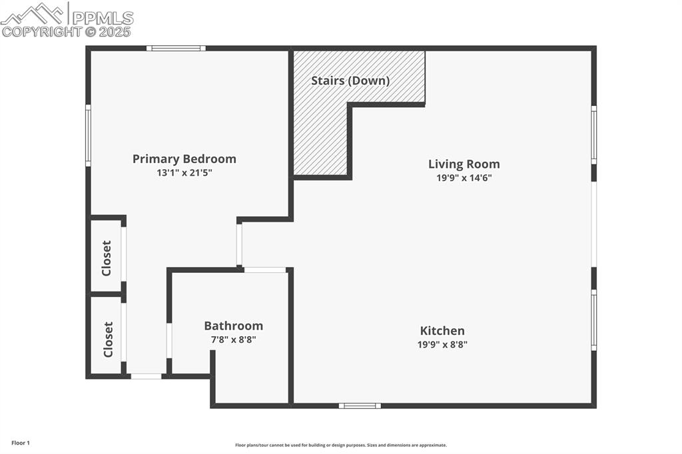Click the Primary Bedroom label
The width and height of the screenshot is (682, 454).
pos(184,159)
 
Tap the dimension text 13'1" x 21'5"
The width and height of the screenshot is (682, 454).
pos(184,173)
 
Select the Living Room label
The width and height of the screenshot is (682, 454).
pos(464,164)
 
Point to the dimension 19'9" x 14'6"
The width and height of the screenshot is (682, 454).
pos(464,178)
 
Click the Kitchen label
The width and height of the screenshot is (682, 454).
pos(442,331)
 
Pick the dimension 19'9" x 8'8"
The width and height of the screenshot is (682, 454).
pos(442,345)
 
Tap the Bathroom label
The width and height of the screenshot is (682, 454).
pos(233,326)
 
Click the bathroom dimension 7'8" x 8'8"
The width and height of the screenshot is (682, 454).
pos(233,340)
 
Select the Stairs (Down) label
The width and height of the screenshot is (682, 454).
pos(350,81)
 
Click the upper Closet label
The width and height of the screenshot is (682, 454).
pos(107,258)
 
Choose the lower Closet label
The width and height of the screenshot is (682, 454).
pos(108,340)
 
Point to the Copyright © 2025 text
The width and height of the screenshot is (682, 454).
pos(67,31)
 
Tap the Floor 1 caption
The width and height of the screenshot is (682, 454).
pos(21,443)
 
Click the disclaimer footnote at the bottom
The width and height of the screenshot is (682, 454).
pos(340,445)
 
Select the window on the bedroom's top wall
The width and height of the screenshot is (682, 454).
pos(176,48)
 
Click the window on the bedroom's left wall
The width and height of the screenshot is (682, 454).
pos(88,135)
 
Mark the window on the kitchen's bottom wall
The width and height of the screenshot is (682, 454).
pos(360,405)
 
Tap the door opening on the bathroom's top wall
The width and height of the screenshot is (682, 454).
pos(264,270)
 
